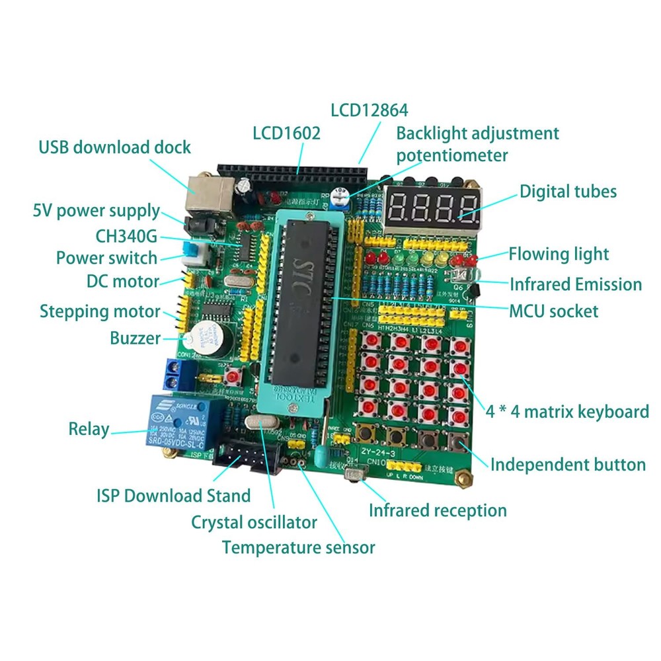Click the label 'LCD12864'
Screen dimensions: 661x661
(369, 110)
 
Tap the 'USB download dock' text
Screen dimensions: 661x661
(114, 147)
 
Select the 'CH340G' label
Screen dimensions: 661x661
(126, 235)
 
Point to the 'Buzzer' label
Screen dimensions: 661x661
(135, 338)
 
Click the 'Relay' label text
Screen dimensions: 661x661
(89, 429)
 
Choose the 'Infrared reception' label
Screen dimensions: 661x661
(438, 510)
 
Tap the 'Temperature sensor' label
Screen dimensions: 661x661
(298, 547)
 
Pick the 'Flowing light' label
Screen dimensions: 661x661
(558, 254)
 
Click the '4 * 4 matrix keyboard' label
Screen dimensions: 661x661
(567, 412)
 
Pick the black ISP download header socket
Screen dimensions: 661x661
(244, 460)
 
